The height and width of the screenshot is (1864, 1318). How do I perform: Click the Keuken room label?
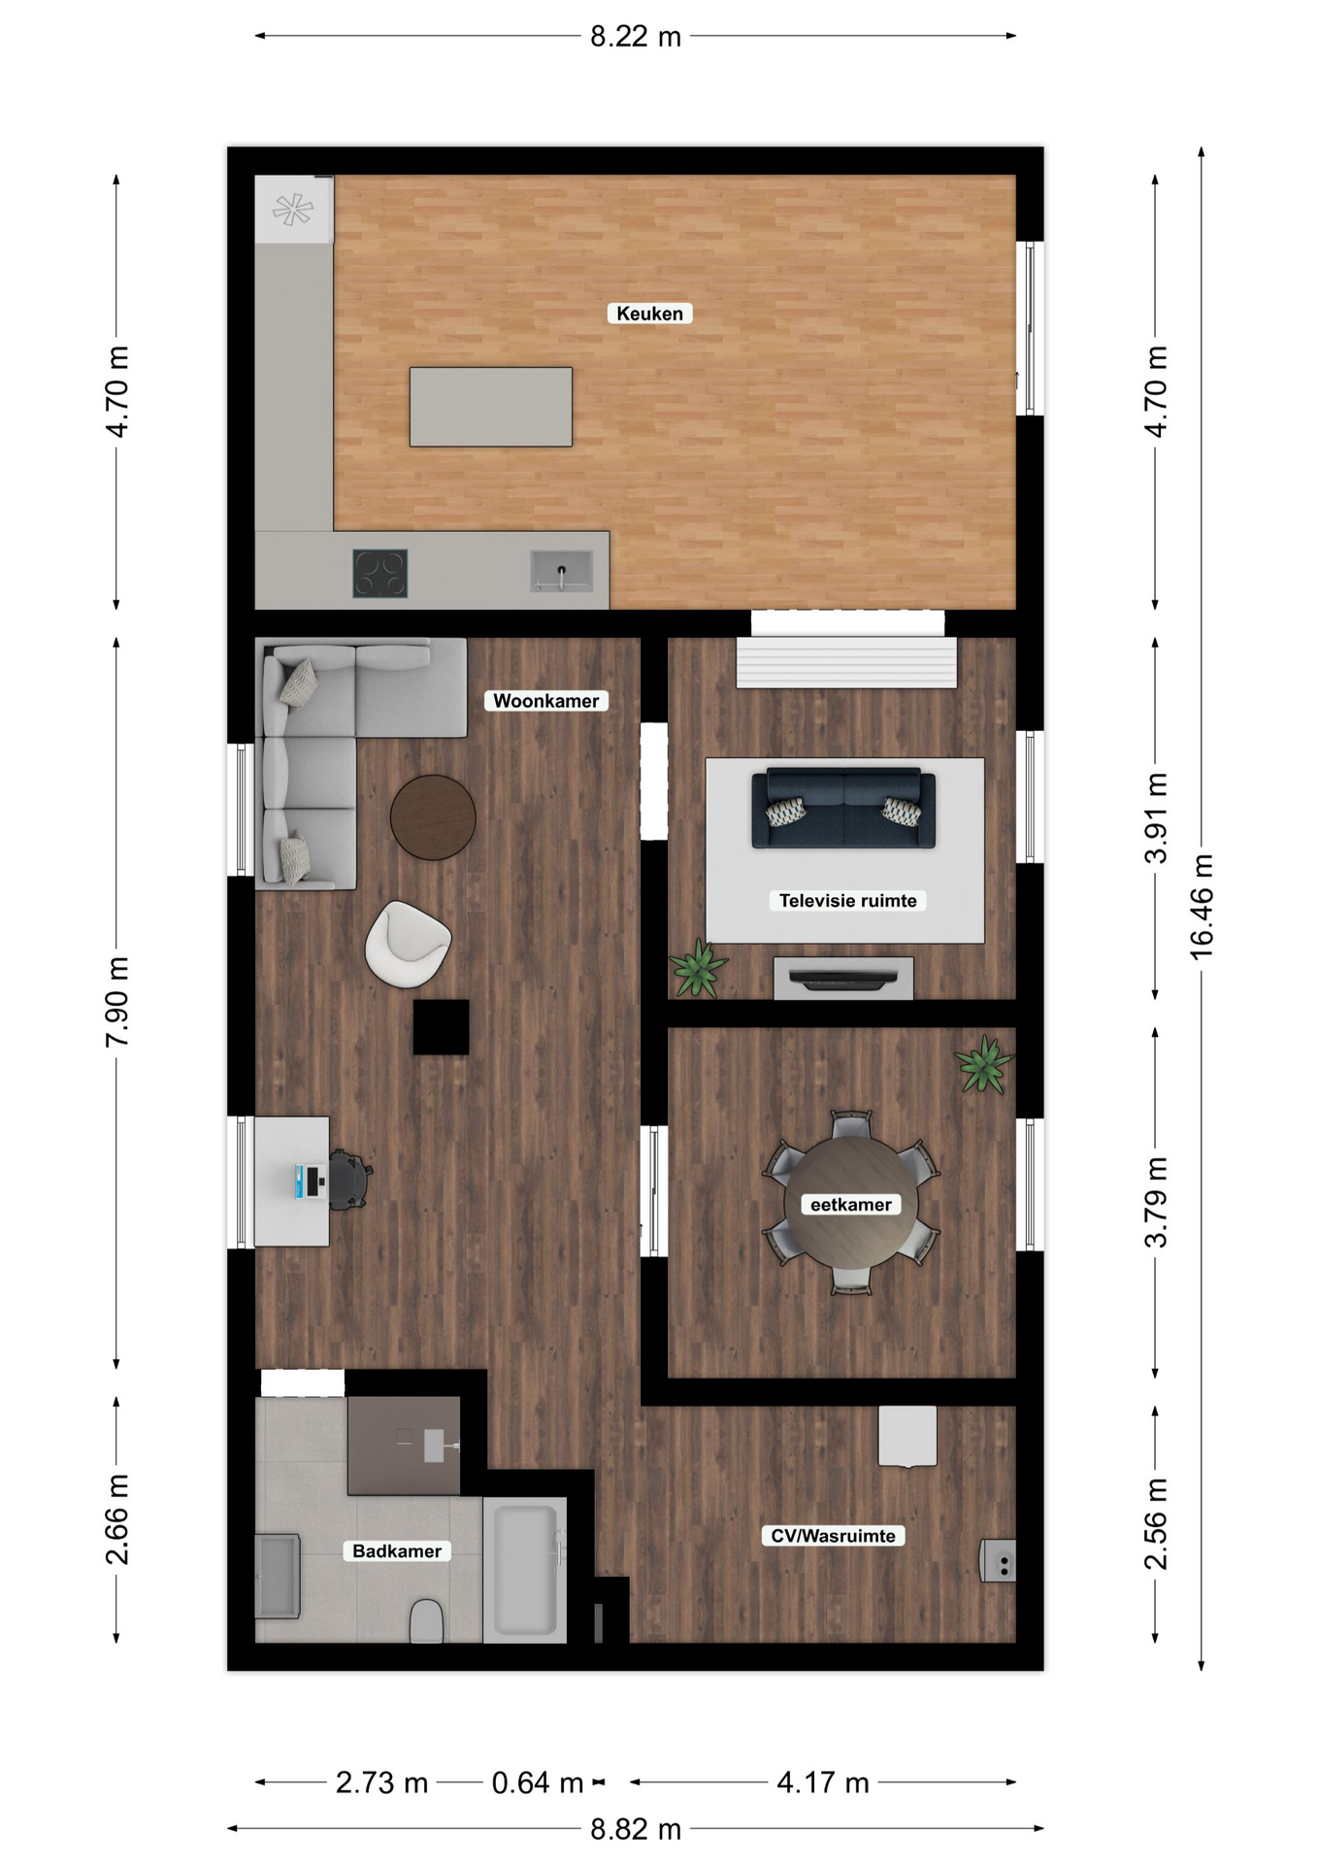tap(649, 314)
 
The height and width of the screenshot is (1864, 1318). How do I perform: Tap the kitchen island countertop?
tap(490, 407)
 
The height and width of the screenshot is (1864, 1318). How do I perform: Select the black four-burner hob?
tap(379, 573)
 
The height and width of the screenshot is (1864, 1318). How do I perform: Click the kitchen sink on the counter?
tap(561, 571)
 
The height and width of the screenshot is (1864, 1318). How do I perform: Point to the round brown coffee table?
tap(433, 817)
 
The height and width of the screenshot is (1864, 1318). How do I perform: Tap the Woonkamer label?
tap(545, 701)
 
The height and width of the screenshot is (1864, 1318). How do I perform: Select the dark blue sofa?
tap(843, 808)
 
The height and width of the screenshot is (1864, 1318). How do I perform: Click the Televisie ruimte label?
tap(847, 901)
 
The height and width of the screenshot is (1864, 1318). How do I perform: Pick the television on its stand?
tap(842, 979)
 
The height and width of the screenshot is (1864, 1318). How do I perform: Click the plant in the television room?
tap(698, 968)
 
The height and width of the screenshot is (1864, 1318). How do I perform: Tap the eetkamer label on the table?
tap(850, 1205)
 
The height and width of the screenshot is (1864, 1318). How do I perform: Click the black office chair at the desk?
tap(348, 1180)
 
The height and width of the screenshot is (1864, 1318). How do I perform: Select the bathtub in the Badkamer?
tap(525, 1570)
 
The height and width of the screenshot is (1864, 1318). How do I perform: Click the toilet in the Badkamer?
tap(426, 1621)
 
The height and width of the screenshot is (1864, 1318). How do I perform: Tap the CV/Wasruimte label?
tap(833, 1536)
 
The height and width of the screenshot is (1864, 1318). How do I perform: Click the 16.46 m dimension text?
tap(1202, 908)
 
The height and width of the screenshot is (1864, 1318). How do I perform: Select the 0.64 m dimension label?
tap(537, 1782)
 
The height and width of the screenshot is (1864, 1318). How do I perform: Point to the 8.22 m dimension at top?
tap(636, 37)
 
